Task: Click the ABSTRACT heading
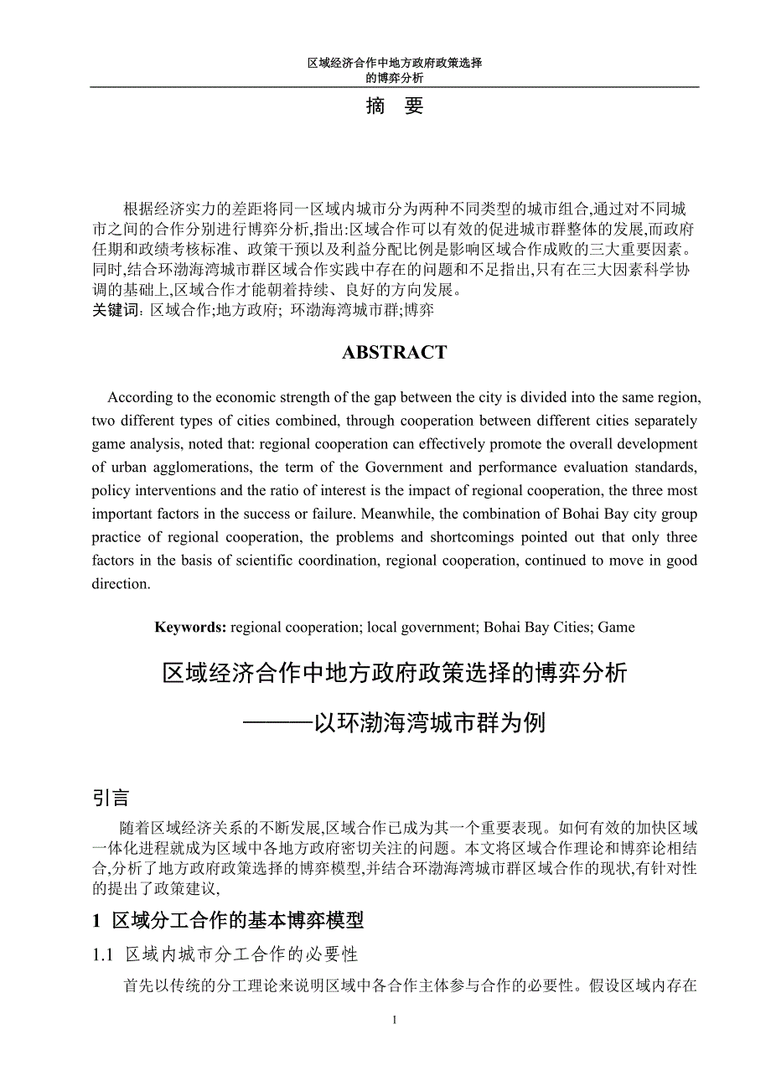coord(394,353)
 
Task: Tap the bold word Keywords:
coord(190,627)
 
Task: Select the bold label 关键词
coord(113,310)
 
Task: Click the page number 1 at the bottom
coord(394,1020)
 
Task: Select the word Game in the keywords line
coord(617,627)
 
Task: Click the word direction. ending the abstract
coord(121,584)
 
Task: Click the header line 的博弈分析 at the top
coord(394,78)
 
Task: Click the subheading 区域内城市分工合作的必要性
coord(241,954)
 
